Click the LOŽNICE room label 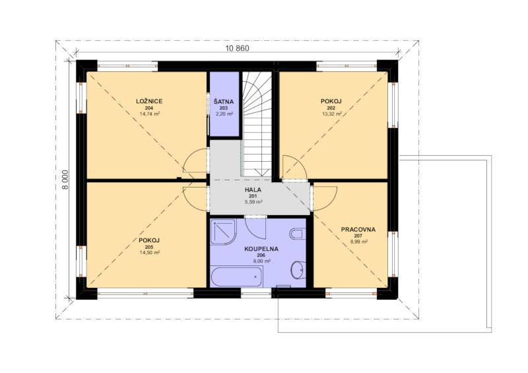[150, 101]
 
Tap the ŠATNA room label [224, 102]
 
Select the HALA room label [253, 189]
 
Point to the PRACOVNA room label [358, 230]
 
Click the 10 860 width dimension [237, 48]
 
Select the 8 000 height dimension [65, 180]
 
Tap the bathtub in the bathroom [236, 277]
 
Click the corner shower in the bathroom [222, 232]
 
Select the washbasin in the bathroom [298, 269]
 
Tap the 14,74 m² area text [150, 114]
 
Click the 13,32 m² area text [332, 114]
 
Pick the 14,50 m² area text [150, 253]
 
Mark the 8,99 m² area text [359, 242]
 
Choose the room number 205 [149, 247]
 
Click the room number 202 [331, 108]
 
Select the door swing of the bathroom [255, 229]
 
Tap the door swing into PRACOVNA [325, 198]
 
